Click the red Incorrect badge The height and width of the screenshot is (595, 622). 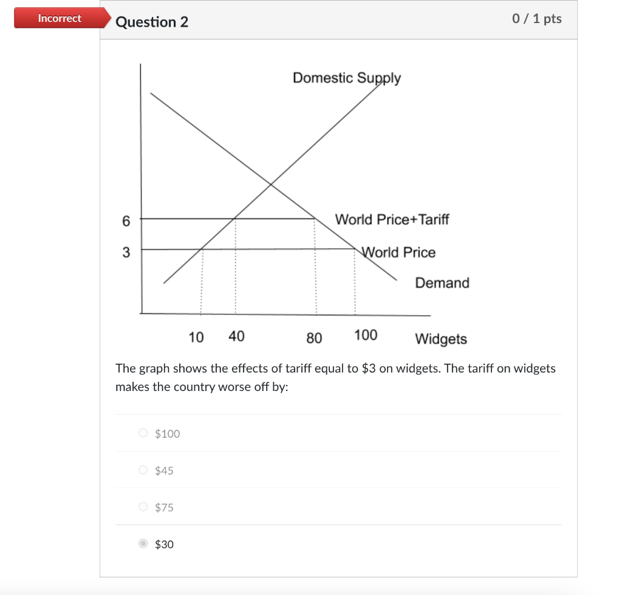click(x=59, y=18)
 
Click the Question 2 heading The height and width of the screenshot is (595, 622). click(x=152, y=22)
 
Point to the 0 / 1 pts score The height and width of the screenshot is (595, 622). click(x=536, y=19)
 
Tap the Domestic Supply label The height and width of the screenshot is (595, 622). click(x=346, y=78)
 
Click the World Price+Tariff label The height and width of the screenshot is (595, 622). click(x=392, y=219)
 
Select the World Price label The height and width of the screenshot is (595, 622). click(x=399, y=252)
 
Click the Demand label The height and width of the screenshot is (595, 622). click(x=442, y=283)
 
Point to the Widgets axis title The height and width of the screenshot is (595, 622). click(x=441, y=339)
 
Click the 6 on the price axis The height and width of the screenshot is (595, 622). click(x=126, y=222)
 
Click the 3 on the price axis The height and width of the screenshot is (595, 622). click(x=126, y=253)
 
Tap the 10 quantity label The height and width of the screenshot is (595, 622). click(x=196, y=337)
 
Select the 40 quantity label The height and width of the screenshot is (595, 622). click(x=236, y=336)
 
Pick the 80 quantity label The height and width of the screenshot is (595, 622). click(x=314, y=338)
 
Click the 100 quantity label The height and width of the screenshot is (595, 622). click(x=366, y=335)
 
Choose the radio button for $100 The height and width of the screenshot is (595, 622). click(x=143, y=433)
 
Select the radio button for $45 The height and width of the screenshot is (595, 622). click(x=143, y=470)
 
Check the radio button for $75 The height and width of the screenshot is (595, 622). click(x=143, y=507)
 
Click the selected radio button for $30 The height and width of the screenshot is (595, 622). click(x=143, y=544)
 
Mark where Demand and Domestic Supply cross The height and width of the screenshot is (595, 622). click(x=270, y=183)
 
